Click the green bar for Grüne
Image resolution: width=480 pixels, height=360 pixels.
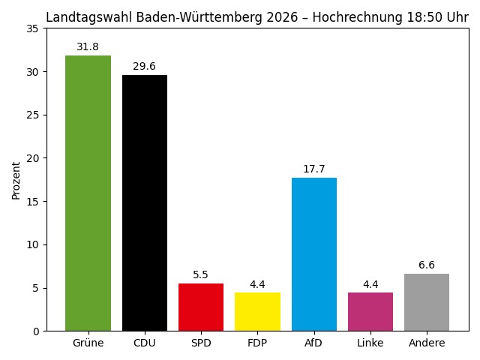pos(88,193)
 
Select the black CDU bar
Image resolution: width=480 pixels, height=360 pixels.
pos(145,202)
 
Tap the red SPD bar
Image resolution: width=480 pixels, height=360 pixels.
pos(201,307)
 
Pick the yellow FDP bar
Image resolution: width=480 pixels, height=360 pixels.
pos(257,311)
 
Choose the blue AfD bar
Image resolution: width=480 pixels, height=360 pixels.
pos(313,254)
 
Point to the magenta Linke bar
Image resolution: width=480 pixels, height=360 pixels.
pos(370,311)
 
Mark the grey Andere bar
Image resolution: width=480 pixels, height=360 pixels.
pos(427,302)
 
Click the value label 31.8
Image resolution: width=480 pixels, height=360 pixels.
pos(88,47)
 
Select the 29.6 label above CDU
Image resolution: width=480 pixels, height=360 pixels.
pos(145,66)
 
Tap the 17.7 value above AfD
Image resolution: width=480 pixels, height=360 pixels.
pos(313,169)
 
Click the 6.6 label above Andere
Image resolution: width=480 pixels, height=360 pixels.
pos(427,265)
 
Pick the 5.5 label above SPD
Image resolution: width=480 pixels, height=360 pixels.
pos(201,275)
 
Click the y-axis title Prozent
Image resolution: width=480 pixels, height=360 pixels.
pos(16,179)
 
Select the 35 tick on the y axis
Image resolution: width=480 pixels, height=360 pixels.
pos(32,28)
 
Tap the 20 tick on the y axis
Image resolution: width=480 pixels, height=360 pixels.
pos(32,158)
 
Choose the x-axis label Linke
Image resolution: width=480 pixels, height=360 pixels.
pos(370,343)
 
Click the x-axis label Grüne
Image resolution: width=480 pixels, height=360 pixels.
pos(88,343)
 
